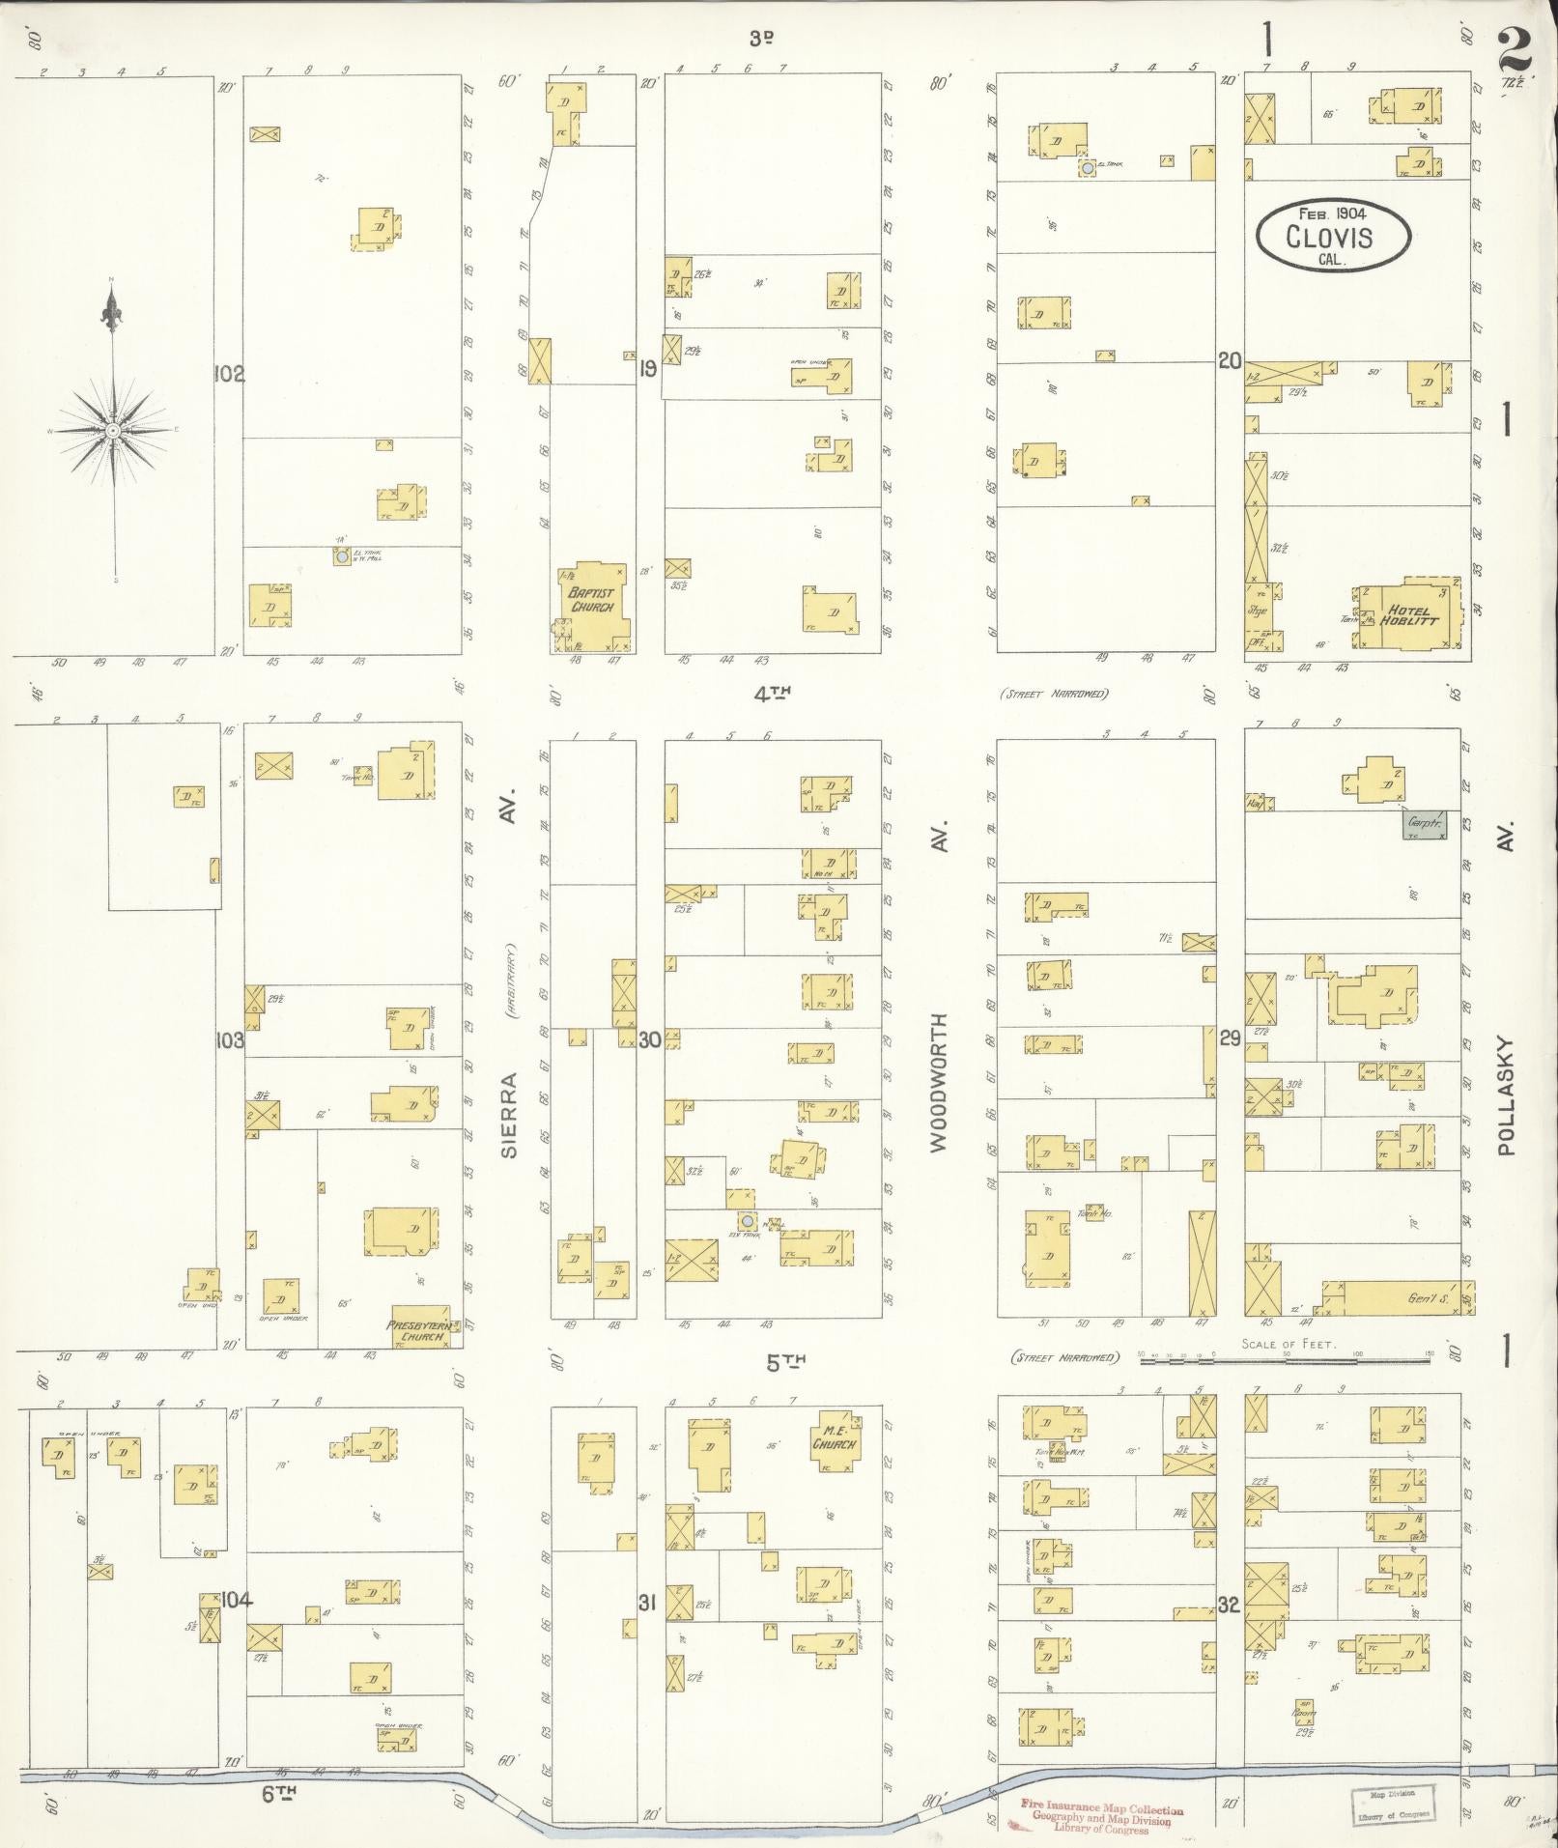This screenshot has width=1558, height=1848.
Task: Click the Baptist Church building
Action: point(592,604)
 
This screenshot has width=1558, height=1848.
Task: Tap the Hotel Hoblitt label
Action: point(1411,615)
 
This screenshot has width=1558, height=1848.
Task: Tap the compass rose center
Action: point(114,430)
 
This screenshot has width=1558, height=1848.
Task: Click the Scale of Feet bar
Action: point(1285,1359)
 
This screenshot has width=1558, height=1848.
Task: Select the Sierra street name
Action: point(509,1115)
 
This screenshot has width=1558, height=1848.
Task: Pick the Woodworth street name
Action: point(941,1082)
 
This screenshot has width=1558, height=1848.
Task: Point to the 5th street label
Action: point(785,1363)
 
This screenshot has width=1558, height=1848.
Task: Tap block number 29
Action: point(1229,1038)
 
